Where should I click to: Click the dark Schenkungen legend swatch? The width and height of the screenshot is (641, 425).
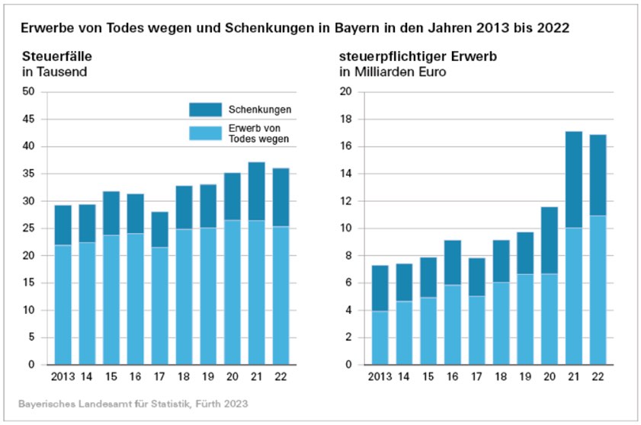204,110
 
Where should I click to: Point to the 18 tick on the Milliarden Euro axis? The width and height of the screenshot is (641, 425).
345,120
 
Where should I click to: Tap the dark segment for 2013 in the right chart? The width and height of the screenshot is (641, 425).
379,288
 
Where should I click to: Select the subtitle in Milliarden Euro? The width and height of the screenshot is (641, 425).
393,72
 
